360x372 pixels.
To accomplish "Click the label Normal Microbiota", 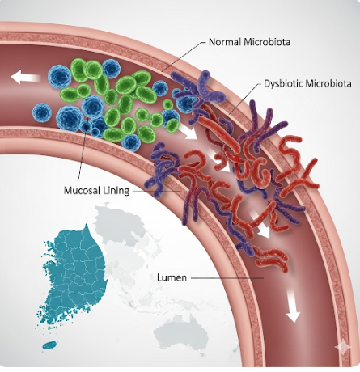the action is [x=249, y=42].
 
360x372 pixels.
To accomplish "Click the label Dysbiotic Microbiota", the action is [x=307, y=83].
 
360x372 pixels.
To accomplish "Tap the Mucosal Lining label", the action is [x=96, y=191].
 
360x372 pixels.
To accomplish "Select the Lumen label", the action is [x=172, y=277].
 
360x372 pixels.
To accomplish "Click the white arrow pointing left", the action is [x=26, y=77].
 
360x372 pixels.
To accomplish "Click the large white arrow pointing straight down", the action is [x=293, y=305].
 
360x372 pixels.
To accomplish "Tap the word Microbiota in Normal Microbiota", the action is [x=267, y=42].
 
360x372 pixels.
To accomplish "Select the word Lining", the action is [x=116, y=191].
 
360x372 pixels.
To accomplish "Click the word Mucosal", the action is [x=83, y=191].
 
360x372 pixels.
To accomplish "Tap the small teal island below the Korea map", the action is [x=50, y=345].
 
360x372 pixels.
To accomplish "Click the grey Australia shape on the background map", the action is [x=180, y=334].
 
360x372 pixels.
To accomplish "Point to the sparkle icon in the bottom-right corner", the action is [x=343, y=347].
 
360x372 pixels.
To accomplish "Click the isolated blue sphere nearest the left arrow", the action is [x=42, y=112].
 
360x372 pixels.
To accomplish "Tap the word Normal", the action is [x=225, y=42].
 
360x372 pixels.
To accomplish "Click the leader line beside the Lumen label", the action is [x=227, y=277].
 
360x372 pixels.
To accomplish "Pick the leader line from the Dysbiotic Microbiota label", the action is [x=245, y=99].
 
